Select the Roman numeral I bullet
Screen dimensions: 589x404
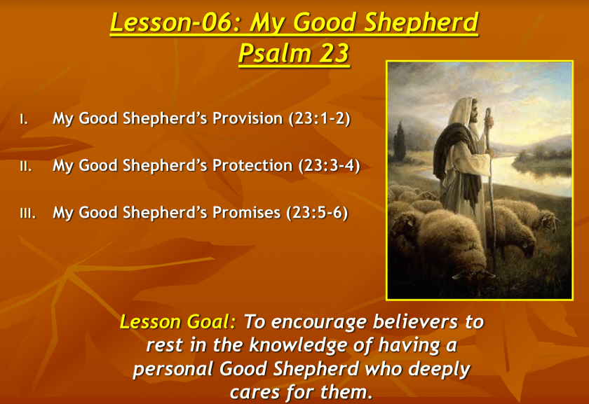[x=24, y=120]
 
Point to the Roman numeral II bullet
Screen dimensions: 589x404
[x=25, y=167]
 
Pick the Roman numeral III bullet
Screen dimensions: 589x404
[x=28, y=214]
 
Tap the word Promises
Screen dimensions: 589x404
[x=246, y=213]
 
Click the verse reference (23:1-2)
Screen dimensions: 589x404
[x=319, y=119]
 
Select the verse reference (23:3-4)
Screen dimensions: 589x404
[x=329, y=166]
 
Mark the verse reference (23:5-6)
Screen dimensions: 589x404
[x=317, y=213]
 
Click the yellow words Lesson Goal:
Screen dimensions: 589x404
[x=177, y=322]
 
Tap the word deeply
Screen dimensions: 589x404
[x=440, y=370]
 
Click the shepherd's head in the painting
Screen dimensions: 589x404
[x=468, y=109]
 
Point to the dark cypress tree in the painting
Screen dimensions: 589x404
[x=399, y=141]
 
